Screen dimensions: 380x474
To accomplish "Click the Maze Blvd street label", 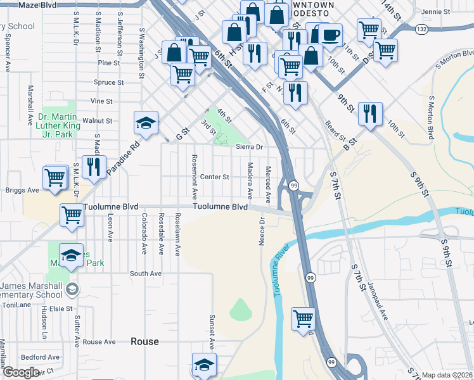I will point(37,5).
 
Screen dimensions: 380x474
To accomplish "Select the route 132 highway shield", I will point(421,29).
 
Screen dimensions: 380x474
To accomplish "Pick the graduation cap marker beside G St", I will point(145,123).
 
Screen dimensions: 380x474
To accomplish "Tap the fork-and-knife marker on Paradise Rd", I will point(94,167).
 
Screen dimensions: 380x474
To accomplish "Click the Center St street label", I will point(214,177).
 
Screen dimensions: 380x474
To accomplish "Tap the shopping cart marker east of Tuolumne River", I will point(303,319).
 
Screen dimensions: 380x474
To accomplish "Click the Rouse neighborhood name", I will point(144,341).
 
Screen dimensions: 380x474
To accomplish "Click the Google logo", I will point(20,372).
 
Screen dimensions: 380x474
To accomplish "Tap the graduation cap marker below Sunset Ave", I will point(204,365).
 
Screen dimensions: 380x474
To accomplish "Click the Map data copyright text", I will point(447,375).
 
